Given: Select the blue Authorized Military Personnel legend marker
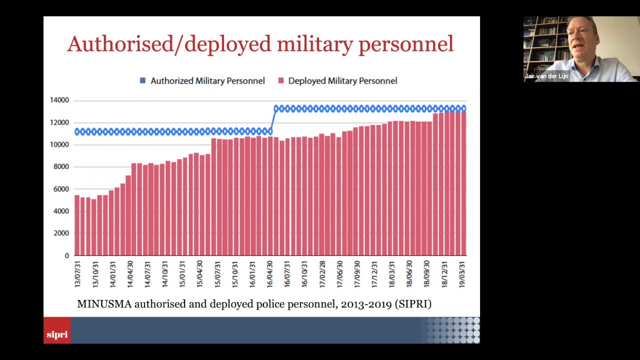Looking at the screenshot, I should click(x=142, y=80).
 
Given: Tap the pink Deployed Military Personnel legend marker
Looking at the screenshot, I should click(x=281, y=80).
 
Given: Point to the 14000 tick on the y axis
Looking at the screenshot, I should click(x=59, y=100).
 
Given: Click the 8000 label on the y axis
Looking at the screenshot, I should click(x=60, y=167).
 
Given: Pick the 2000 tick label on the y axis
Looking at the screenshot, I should click(x=60, y=233).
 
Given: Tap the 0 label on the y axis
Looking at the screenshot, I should click(x=66, y=256).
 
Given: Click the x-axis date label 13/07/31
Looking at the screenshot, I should click(x=77, y=274).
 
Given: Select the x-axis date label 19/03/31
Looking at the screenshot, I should click(x=462, y=274).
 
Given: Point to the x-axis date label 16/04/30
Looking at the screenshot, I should click(x=270, y=274).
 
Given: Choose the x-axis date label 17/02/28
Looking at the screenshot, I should click(x=322, y=274).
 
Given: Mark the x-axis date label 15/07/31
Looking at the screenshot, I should click(x=217, y=274).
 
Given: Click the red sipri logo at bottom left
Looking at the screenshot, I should click(x=57, y=334).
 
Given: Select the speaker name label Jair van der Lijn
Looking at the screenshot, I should click(x=546, y=76).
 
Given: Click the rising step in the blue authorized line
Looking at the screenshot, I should click(x=273, y=120).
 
